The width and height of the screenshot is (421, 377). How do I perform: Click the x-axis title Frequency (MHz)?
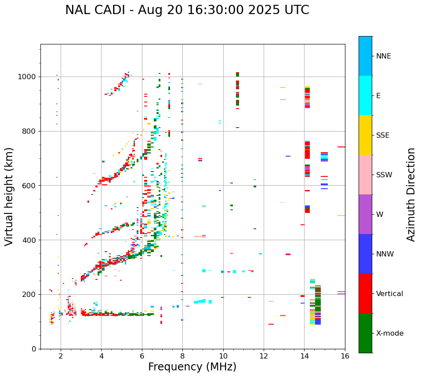click(192, 367)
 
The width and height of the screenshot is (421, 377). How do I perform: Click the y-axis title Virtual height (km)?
click(10, 197)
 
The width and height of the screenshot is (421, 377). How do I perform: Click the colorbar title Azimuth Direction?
click(411, 194)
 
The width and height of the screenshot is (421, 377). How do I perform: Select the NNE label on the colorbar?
click(383, 56)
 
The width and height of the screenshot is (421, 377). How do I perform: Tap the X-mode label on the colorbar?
click(389, 333)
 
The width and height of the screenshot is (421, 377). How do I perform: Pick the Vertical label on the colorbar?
click(389, 294)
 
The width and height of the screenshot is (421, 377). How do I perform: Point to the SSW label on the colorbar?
click(384, 175)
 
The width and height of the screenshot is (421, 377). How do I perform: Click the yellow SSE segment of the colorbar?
click(365, 135)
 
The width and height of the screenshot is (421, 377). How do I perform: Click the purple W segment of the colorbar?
click(365, 214)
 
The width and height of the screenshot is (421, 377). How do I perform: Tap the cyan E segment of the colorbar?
click(365, 95)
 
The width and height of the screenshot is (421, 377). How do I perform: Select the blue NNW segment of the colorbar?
click(365, 254)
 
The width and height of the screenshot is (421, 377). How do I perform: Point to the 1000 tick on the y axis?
click(29, 77)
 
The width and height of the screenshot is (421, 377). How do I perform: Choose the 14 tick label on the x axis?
click(304, 356)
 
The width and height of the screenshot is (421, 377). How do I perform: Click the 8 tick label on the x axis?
click(182, 356)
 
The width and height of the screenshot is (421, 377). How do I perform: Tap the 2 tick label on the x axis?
click(61, 356)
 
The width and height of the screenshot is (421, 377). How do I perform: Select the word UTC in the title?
click(296, 10)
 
